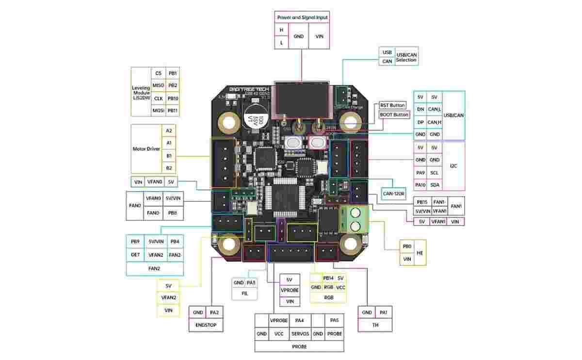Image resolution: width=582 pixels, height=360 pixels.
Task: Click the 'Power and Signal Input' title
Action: pos(302,17)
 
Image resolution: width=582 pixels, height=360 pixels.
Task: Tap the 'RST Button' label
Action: pos(392,105)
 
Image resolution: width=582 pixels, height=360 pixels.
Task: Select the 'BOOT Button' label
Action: pos(394,115)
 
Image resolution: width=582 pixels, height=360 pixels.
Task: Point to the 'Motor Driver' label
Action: pos(146,149)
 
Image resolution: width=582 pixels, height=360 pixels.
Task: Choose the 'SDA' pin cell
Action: pos(435,185)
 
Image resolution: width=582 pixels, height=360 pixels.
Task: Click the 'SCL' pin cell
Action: pos(435,172)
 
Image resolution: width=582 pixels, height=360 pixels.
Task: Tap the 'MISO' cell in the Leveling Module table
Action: pos(158,85)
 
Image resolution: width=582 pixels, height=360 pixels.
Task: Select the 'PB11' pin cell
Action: pos(172,111)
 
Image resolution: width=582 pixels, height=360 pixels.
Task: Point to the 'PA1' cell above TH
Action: pos(383,313)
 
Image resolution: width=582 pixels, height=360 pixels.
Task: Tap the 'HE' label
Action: pos(420,253)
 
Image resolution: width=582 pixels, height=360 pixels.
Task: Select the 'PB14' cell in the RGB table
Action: pos(328,278)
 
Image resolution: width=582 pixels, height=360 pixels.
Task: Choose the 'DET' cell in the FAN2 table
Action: pos(135,254)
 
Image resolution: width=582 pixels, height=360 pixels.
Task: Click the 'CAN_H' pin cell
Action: pos(435,122)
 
